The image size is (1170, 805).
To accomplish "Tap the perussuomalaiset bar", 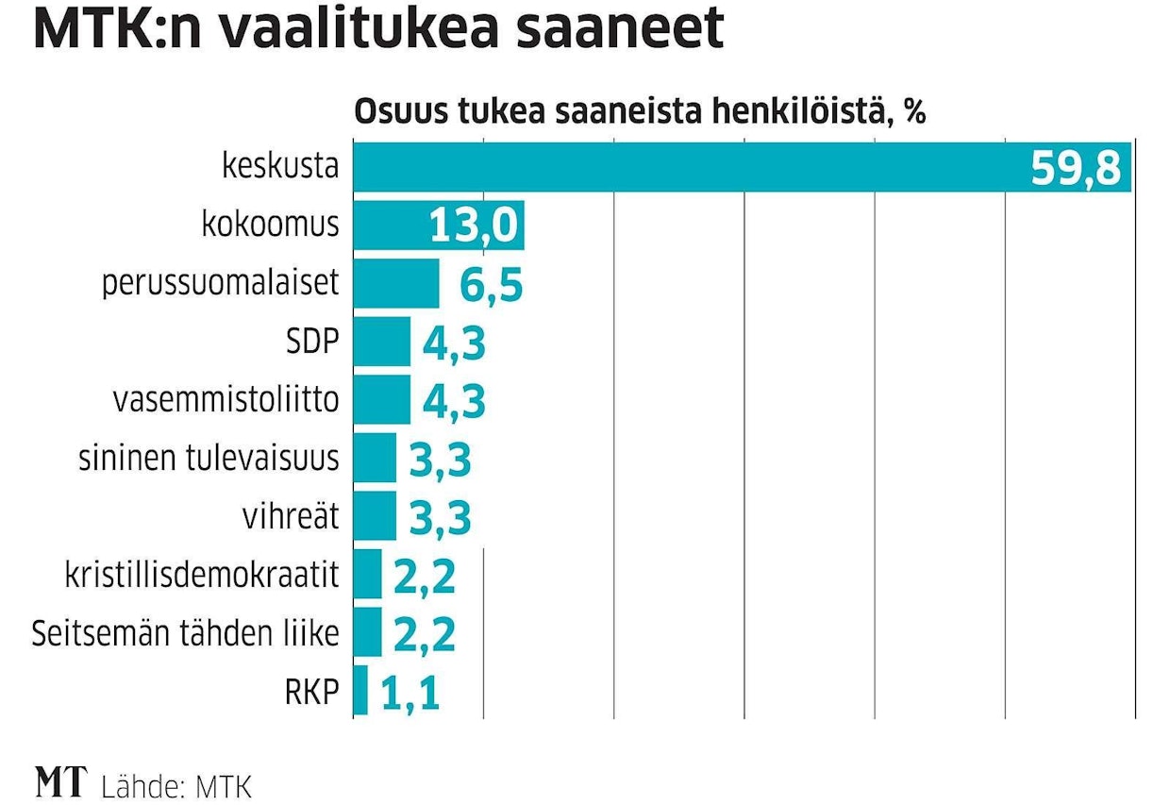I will point(396,284).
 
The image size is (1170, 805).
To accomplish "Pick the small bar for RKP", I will point(360,690).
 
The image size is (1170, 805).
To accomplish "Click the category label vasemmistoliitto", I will point(225,399).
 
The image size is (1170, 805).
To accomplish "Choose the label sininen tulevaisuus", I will point(208,458).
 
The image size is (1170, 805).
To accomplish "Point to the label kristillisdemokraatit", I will point(201,574).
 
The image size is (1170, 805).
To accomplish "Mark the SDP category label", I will point(310,342).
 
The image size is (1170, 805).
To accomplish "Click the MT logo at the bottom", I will point(60,783).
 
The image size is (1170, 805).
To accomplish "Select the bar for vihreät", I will point(375,515).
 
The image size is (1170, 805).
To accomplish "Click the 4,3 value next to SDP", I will point(454,344).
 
